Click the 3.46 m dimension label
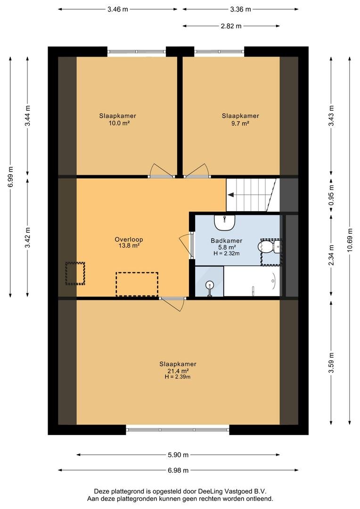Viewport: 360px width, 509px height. [x=117, y=9]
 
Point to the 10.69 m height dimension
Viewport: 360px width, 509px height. [x=350, y=242]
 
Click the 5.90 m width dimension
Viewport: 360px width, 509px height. [x=178, y=455]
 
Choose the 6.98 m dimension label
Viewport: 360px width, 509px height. [x=178, y=470]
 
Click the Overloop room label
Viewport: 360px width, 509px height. [x=129, y=239]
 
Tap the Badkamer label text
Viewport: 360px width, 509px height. [x=227, y=240]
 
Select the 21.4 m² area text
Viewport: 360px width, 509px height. [x=178, y=371]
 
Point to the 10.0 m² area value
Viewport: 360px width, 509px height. [x=117, y=123]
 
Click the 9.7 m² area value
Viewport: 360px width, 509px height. [x=240, y=123]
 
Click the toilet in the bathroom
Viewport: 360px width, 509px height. [x=270, y=246]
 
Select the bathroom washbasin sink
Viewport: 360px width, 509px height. [x=224, y=222]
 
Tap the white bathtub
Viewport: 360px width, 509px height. [x=252, y=281]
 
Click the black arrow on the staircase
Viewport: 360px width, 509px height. [x=231, y=195]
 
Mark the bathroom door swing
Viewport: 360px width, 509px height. [x=185, y=245]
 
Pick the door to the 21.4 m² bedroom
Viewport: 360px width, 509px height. [x=172, y=303]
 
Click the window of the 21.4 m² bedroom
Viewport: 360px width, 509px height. [x=178, y=430]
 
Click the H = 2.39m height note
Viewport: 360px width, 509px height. [x=178, y=377]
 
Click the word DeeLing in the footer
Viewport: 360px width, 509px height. [x=209, y=492]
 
